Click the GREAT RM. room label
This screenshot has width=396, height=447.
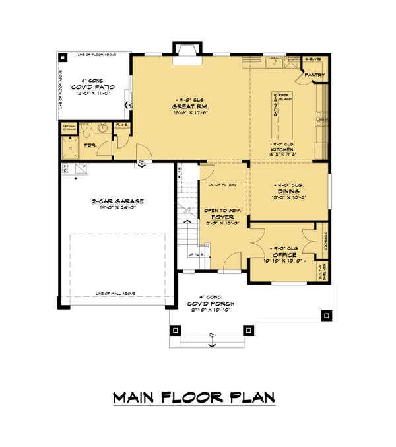coord(191,106)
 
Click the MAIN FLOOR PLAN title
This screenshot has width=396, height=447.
coord(193,398)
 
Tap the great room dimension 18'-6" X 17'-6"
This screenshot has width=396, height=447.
coord(191,113)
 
